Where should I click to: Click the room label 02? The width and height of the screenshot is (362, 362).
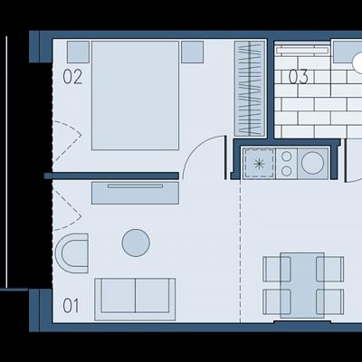(72, 77)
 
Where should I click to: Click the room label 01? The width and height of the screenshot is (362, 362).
(71, 306)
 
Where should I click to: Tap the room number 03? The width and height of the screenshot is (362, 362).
(299, 77)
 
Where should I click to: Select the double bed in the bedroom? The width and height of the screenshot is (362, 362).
(135, 95)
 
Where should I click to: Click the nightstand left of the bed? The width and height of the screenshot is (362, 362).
(78, 52)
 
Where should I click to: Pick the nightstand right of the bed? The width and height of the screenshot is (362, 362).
(193, 52)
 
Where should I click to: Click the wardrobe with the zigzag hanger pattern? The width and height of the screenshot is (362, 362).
(250, 89)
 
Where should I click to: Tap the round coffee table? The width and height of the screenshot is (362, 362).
(136, 243)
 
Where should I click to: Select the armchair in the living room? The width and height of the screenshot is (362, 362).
(72, 253)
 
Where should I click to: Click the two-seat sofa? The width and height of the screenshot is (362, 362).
(135, 300)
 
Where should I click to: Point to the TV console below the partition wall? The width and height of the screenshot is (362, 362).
(135, 193)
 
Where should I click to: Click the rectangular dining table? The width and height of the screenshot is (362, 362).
(302, 285)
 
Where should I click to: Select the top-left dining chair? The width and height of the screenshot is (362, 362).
(277, 269)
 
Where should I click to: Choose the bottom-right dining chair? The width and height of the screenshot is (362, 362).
(330, 301)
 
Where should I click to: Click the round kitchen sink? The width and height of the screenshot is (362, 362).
(312, 163)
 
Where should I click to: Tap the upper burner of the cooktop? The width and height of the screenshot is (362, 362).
(286, 157)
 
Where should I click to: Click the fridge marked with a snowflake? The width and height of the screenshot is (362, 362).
(259, 164)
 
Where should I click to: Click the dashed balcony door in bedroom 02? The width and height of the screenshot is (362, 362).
(66, 140)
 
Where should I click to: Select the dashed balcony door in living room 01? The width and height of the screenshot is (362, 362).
(66, 208)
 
